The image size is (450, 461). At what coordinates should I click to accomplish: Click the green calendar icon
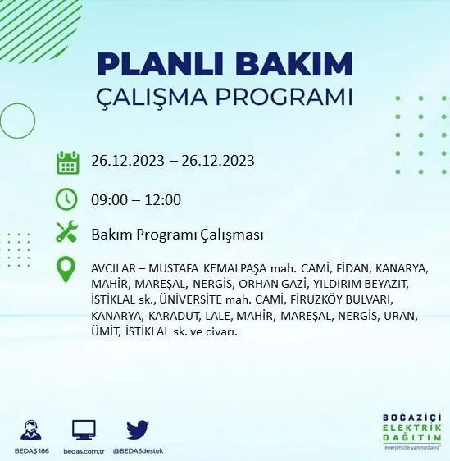click(x=67, y=162)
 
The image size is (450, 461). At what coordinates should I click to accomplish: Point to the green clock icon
click(x=66, y=199)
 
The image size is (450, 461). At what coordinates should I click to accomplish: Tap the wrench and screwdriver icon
click(x=66, y=233)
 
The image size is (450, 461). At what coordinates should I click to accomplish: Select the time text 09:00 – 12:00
click(x=136, y=200)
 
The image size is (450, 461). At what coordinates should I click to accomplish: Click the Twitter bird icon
click(x=137, y=431)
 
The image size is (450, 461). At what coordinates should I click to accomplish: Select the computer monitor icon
click(x=84, y=429)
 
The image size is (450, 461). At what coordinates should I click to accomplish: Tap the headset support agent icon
click(x=33, y=430)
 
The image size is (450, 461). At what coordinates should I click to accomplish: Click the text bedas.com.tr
click(x=84, y=451)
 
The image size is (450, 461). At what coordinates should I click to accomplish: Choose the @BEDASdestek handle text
click(x=137, y=451)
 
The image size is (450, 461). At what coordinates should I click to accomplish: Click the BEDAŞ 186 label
click(x=33, y=451)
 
